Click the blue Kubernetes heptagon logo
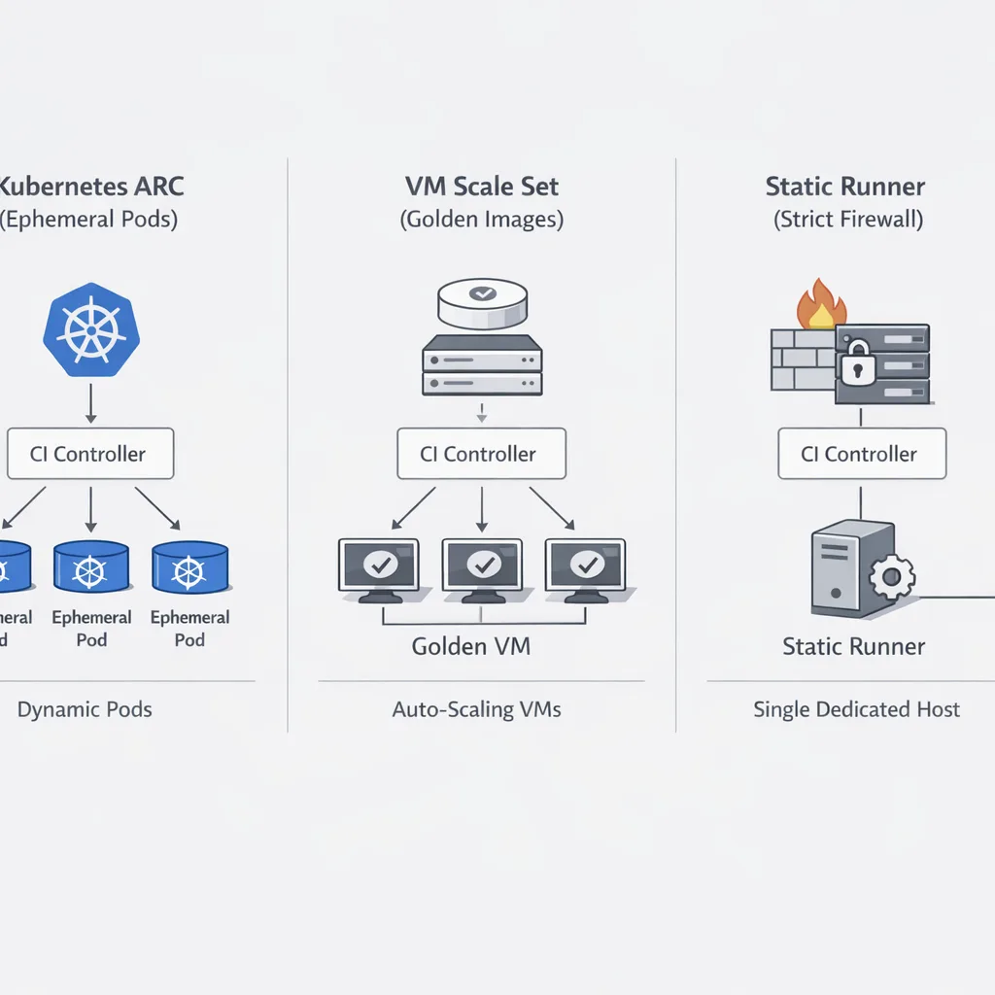tap(90, 329)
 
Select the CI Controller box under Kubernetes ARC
tap(90, 454)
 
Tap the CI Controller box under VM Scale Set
tap(481, 454)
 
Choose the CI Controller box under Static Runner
tap(862, 454)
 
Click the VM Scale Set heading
tap(481, 186)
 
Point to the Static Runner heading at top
tap(844, 186)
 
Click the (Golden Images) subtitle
tap(481, 220)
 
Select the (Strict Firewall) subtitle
tap(847, 220)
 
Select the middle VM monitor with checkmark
tap(482, 566)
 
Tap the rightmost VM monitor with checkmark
tap(586, 566)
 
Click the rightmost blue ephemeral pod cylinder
tap(189, 566)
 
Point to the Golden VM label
tap(471, 646)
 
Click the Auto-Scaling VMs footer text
tap(476, 709)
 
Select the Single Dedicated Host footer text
tap(856, 709)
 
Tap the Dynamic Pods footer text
tap(85, 709)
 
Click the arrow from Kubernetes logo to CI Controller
tap(90, 402)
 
